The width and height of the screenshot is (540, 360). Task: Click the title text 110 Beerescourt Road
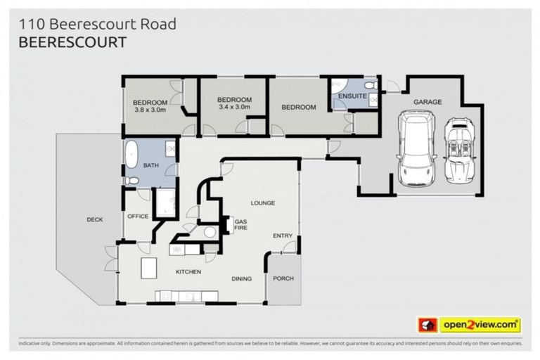point(97,24)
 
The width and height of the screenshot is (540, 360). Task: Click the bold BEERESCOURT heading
point(72,42)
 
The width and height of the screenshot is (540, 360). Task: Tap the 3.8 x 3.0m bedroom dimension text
point(150,110)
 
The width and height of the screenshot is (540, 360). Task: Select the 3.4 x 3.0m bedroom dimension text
point(234,108)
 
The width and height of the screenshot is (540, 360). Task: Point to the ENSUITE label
point(351,96)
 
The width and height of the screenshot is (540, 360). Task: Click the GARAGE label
point(427,102)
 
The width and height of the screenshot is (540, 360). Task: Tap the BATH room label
point(151,166)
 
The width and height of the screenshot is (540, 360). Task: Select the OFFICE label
point(138,216)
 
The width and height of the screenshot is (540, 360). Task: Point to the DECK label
point(95,219)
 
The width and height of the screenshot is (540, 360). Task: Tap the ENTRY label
point(283,236)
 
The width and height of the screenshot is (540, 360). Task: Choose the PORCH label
point(283,278)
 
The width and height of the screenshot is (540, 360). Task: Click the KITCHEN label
point(188,271)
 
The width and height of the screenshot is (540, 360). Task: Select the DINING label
point(242,279)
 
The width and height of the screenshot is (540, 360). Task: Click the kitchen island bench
point(148,268)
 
